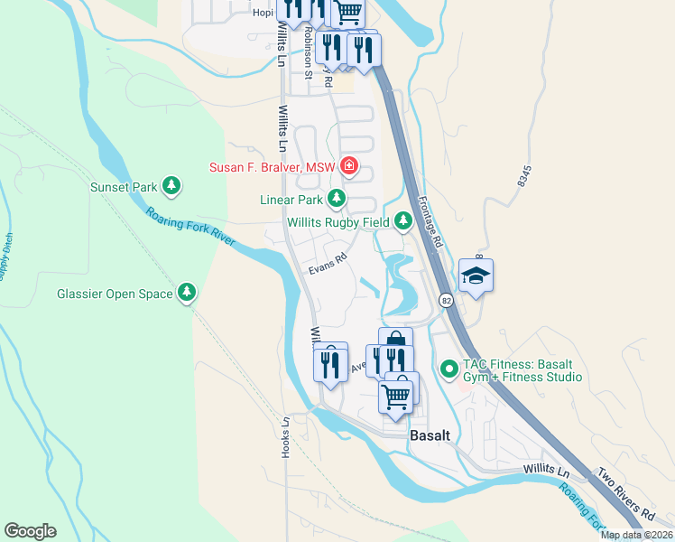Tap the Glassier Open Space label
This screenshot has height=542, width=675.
114,293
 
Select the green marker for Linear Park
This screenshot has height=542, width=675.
337,197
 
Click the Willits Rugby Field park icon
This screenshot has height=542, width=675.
402,221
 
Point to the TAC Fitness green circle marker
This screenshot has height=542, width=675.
448,369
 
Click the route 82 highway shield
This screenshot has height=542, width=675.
447,300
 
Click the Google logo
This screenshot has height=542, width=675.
30,531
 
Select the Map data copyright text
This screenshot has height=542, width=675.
636,535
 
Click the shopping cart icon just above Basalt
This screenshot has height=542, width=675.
396,394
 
